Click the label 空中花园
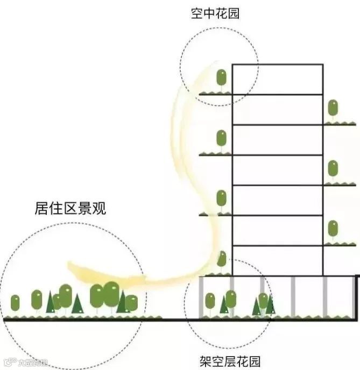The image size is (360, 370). [215, 13]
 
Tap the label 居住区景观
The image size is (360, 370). [70, 208]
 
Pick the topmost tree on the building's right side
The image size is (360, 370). [333, 109]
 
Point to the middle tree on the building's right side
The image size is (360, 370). [333, 169]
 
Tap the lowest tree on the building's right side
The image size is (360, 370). [333, 229]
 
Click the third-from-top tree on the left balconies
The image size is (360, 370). [221, 199]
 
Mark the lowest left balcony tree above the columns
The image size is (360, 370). [222, 259]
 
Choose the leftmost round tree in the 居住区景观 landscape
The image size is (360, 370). [15, 303]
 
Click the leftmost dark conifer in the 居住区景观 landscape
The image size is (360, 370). [51, 303]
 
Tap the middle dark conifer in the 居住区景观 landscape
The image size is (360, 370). [77, 304]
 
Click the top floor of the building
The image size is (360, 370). [278, 80]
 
